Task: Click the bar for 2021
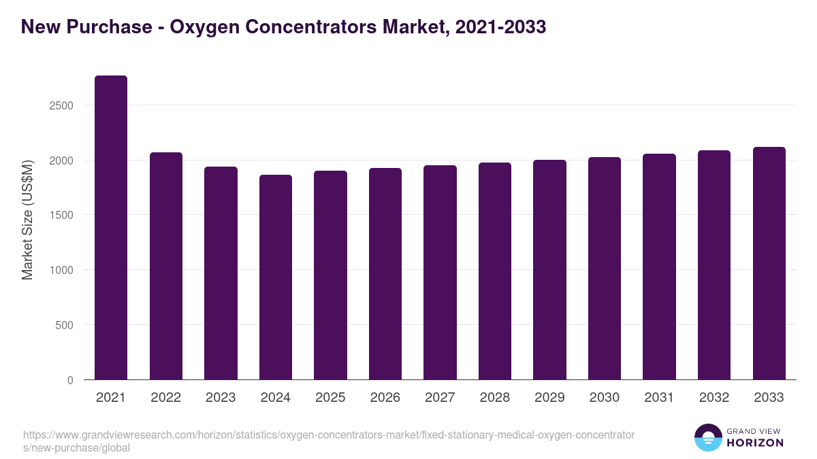(111, 228)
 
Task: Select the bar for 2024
(276, 277)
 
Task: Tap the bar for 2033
(769, 263)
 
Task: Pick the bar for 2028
(495, 271)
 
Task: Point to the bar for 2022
(166, 266)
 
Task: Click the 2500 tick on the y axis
(61, 105)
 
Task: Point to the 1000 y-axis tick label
(61, 270)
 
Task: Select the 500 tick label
(64, 325)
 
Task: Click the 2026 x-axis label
(385, 398)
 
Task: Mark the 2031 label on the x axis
(659, 398)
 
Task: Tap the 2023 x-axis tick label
(221, 398)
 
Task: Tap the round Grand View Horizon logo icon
(708, 438)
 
